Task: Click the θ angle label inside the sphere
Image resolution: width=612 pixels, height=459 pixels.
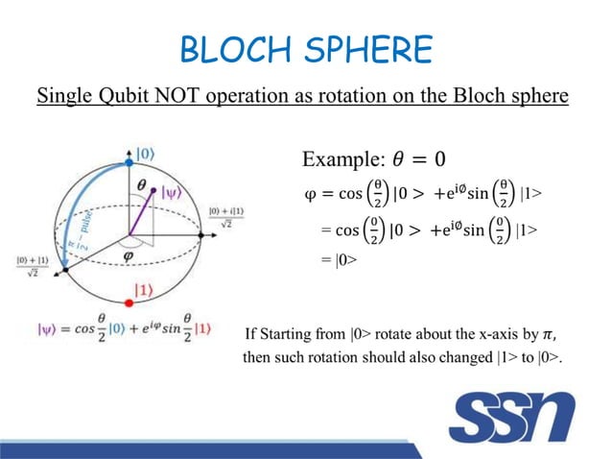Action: click(x=142, y=183)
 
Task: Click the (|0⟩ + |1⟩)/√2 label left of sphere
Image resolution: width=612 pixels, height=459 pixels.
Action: click(x=34, y=265)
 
